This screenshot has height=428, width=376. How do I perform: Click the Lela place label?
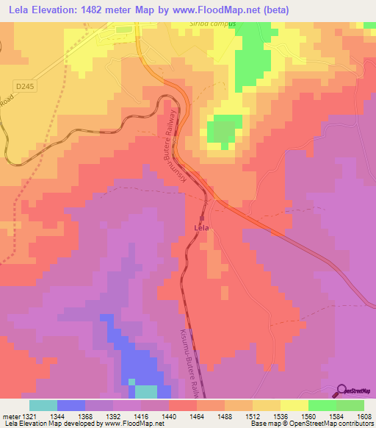[201, 228]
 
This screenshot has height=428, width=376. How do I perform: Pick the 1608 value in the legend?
[364, 416]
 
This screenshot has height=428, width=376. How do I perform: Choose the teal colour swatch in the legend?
[43, 405]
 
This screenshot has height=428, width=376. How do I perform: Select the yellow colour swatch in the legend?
[294, 405]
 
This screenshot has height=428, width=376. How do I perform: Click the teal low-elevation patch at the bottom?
[145, 393]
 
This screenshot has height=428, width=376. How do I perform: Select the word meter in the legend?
[10, 416]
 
